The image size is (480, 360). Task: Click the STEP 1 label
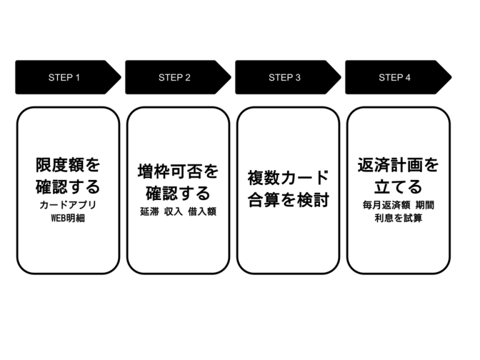point(64,77)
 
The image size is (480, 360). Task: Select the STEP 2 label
point(174,77)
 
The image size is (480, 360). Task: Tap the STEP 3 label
point(284,77)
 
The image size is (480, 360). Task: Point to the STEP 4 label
point(394,77)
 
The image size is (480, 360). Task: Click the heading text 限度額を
point(67,166)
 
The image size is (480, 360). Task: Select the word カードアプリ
point(67,205)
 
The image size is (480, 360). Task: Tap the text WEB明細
point(67,218)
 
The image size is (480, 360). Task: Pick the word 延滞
point(149,212)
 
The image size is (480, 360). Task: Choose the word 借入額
point(202,212)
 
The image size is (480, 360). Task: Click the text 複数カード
point(288,177)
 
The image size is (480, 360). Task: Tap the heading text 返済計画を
point(398,166)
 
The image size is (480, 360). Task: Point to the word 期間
point(424,205)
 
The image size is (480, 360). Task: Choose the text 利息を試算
point(398,218)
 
